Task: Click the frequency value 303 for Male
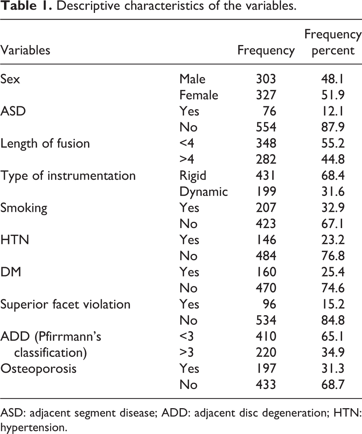tap(266, 79)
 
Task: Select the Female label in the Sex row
tap(199, 95)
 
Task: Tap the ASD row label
tap(13, 111)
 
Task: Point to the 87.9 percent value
tap(333, 127)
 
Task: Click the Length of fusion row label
tap(45, 143)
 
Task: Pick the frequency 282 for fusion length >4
tap(266, 159)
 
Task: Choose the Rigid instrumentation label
tap(193, 176)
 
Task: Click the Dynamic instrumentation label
tap(204, 192)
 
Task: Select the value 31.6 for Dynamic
tap(333, 191)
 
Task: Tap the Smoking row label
tap(24, 208)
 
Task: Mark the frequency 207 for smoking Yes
tap(266, 207)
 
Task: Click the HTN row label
tap(15, 240)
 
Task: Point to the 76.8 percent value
tap(333, 255)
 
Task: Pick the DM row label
tap(11, 272)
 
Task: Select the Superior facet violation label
tap(66, 304)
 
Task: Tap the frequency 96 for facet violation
tap(269, 304)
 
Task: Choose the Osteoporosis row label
tap(38, 368)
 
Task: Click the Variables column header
tap(25, 50)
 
